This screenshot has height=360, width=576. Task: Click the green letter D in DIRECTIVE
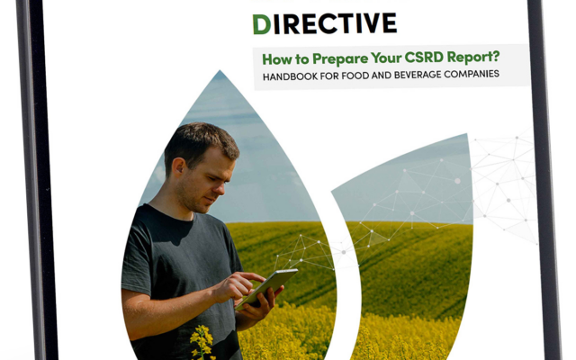point(262,25)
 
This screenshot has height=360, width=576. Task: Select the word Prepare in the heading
point(340,58)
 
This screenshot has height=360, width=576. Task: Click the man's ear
point(178,167)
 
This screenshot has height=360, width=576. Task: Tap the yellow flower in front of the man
point(202,340)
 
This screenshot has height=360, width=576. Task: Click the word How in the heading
point(274,59)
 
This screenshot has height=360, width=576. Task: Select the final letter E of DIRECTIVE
point(389,22)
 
